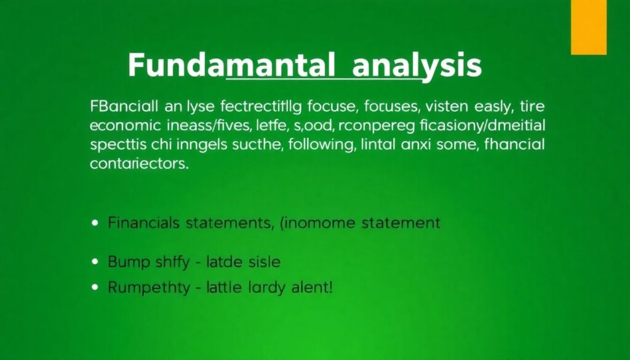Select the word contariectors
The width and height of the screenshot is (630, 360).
[138, 165]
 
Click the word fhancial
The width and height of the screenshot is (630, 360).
[506, 146]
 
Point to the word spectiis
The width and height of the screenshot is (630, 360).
[115, 146]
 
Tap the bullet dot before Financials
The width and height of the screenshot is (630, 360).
[95, 223]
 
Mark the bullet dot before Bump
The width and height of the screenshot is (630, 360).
[95, 262]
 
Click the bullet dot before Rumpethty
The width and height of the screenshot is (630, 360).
[95, 287]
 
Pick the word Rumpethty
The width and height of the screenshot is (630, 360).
[149, 287]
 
